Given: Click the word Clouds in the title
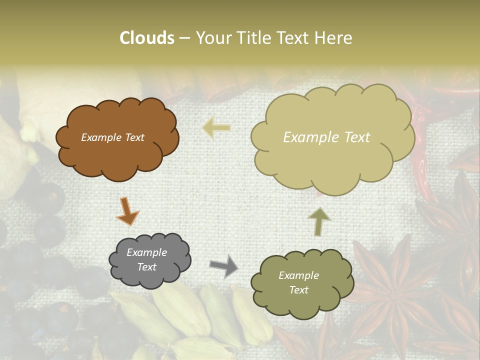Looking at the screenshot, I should [x=146, y=38].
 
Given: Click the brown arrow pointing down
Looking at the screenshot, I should [x=127, y=210].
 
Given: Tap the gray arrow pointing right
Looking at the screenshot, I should [x=224, y=266].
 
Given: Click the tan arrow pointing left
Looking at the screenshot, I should [x=216, y=128].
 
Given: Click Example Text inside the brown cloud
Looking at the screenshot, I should [x=112, y=137].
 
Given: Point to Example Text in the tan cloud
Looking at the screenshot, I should [x=326, y=137].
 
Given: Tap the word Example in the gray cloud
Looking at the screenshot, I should [x=146, y=252].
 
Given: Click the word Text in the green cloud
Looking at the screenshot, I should [x=298, y=290].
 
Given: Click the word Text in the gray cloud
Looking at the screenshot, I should [x=146, y=267].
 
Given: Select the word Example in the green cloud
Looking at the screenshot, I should [x=298, y=275].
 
